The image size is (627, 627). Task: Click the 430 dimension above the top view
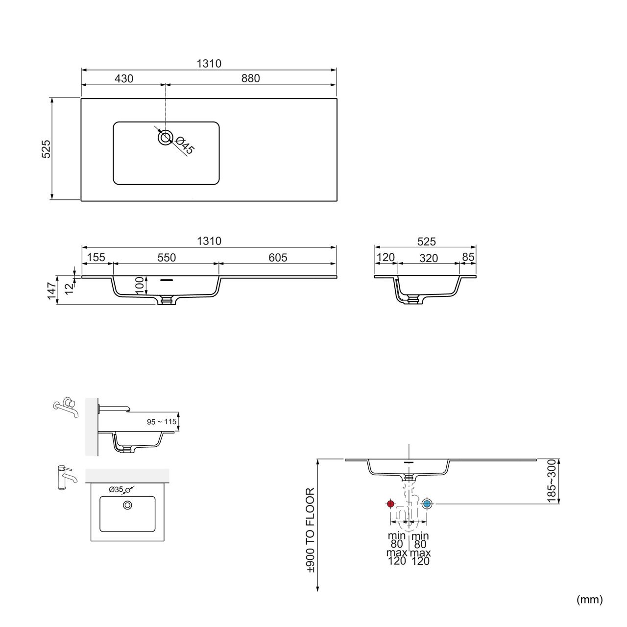click(x=124, y=79)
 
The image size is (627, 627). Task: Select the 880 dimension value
click(x=250, y=78)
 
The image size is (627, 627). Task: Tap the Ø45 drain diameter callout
click(x=185, y=145)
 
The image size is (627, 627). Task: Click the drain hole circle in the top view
click(x=165, y=137)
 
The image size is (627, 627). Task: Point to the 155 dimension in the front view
click(x=96, y=257)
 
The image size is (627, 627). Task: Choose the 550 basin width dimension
click(x=167, y=258)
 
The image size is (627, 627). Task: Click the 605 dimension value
click(x=278, y=258)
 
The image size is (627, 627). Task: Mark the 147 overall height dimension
click(x=52, y=290)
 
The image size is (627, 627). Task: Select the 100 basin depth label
click(x=139, y=286)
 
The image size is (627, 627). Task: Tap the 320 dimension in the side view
click(x=429, y=258)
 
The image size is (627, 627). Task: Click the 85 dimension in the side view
click(x=468, y=257)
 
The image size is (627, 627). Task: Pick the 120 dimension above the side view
click(x=385, y=257)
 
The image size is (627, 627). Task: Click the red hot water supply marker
click(x=390, y=504)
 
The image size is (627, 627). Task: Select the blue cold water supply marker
click(x=427, y=504)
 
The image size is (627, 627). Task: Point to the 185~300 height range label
click(x=552, y=481)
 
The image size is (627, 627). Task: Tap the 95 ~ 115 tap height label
click(x=162, y=422)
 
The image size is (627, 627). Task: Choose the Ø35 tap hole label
click(x=116, y=489)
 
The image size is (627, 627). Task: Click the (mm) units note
click(x=590, y=599)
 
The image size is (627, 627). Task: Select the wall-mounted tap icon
click(x=66, y=407)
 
